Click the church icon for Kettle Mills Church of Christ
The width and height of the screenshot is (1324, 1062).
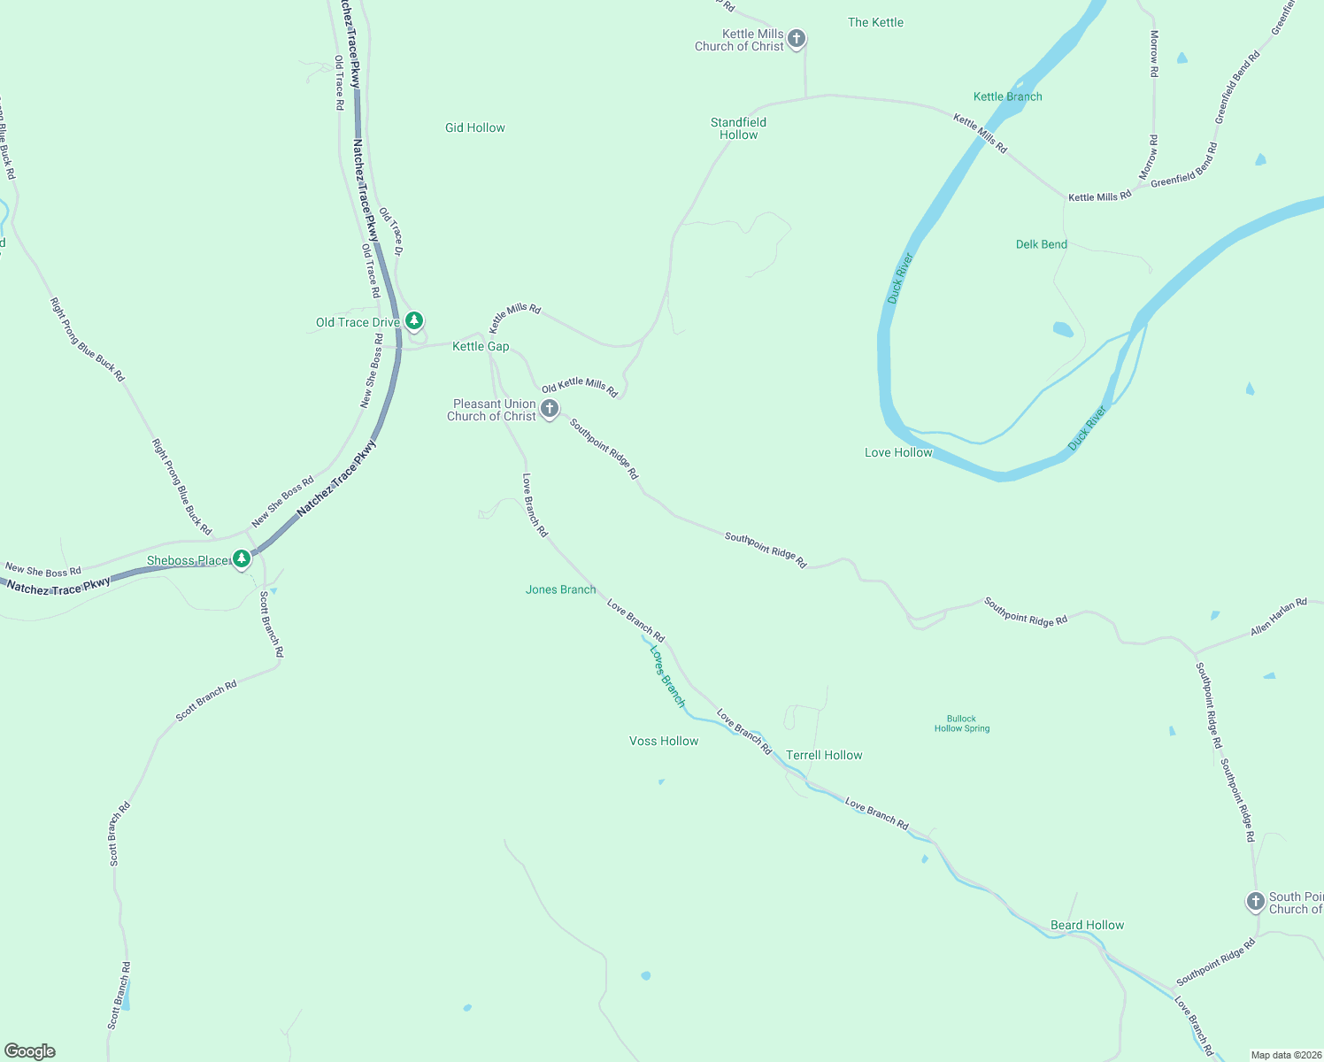797,38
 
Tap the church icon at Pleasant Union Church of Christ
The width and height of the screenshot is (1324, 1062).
550,408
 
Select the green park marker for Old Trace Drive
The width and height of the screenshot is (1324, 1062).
413,320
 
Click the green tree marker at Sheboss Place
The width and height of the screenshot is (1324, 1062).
242,558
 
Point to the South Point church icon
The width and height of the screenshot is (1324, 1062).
1255,901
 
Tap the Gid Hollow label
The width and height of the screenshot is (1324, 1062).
475,128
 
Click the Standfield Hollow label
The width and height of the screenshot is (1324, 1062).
738,129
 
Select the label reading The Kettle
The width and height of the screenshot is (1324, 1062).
875,23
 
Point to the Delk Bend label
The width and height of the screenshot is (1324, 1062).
1042,244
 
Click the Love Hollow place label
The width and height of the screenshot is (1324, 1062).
898,453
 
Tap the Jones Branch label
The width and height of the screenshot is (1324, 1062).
560,590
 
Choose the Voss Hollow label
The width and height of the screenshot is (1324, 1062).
664,742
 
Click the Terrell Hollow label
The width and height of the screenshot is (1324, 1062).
824,756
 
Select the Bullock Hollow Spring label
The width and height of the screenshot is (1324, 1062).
962,724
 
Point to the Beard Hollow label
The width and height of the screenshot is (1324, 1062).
1087,926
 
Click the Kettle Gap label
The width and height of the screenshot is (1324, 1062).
481,347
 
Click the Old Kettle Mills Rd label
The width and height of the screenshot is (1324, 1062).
580,386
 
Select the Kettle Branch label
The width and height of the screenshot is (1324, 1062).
1007,97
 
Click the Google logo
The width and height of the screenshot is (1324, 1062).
30,1051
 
